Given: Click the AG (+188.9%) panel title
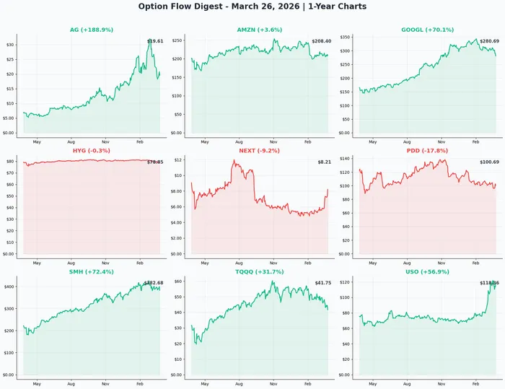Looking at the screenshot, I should click(x=92, y=30).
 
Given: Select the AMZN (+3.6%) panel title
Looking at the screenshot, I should click(x=260, y=30).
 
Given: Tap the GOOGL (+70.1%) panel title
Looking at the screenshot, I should click(x=428, y=30).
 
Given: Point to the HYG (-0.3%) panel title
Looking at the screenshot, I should click(x=92, y=151).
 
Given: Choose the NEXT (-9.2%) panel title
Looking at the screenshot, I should click(x=260, y=151).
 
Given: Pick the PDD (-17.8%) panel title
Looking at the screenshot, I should click(x=428, y=151).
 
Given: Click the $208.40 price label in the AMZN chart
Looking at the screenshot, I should click(x=322, y=41).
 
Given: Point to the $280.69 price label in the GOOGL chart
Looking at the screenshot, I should click(x=489, y=41).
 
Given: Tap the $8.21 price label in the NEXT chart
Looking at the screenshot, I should click(x=325, y=162).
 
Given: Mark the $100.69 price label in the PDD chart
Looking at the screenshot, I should click(x=489, y=162).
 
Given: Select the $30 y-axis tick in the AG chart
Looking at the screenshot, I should click(x=10, y=45).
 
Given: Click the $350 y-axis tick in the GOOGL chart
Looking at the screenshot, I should click(x=345, y=37).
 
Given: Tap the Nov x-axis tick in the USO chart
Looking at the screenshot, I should click(x=441, y=384).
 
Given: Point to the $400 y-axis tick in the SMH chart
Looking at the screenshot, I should click(x=9, y=287).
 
